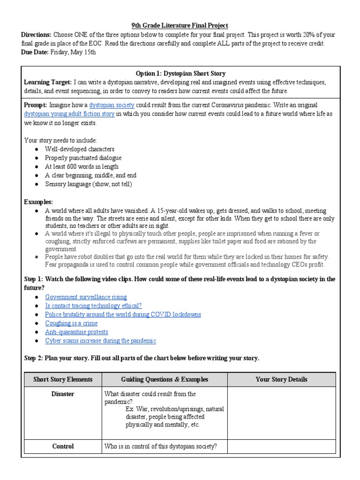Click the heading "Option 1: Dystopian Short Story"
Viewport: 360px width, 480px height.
coord(180,73)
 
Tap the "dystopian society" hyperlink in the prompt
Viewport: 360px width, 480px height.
coord(112,105)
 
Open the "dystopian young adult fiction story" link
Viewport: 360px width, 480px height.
coord(69,114)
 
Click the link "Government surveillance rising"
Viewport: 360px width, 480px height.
coord(86,297)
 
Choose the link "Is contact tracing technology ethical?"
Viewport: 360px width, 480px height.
coord(93,306)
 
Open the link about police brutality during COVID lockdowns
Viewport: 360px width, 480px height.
coord(123,315)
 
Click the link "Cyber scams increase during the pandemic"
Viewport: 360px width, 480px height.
coord(100,341)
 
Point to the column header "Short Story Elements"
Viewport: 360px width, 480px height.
coord(63,379)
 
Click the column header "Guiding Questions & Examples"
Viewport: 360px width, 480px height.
coord(165,379)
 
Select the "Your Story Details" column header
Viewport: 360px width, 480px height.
coord(281,379)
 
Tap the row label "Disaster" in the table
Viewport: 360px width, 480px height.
coord(63,394)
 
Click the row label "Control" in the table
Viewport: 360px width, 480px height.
coord(63,446)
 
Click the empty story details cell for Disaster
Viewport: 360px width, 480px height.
coord(281,412)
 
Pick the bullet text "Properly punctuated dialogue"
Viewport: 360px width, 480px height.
coord(83,158)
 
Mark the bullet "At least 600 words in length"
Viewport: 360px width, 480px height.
coord(82,166)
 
